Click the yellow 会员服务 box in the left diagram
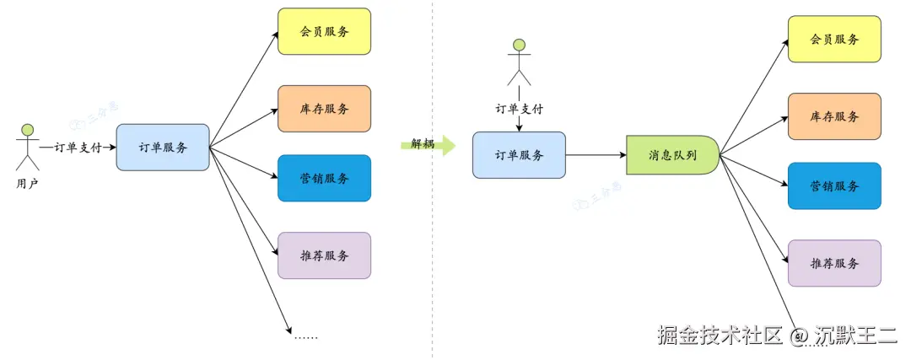pyautogui.click(x=324, y=31)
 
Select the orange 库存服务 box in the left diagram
pyautogui.click(x=324, y=109)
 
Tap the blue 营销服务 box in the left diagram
pyautogui.click(x=324, y=178)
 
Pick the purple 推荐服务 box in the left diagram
pyautogui.click(x=324, y=255)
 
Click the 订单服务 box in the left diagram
pyautogui.click(x=163, y=148)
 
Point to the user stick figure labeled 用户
pyautogui.click(x=27, y=147)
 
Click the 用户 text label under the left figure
pyautogui.click(x=27, y=182)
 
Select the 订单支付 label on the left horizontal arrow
pyautogui.click(x=78, y=148)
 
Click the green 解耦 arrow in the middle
pyautogui.click(x=427, y=144)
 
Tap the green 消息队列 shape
pyautogui.click(x=671, y=155)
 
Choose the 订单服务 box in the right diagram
pyautogui.click(x=519, y=155)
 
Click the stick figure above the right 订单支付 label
pyautogui.click(x=519, y=62)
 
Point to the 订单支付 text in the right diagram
pyautogui.click(x=519, y=109)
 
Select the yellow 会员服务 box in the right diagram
pyautogui.click(x=834, y=39)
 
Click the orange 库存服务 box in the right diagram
pyautogui.click(x=834, y=116)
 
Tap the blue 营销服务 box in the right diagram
pyautogui.click(x=834, y=185)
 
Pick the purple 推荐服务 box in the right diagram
pyautogui.click(x=834, y=263)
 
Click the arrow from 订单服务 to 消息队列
pyautogui.click(x=596, y=155)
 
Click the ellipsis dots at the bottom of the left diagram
pyautogui.click(x=306, y=336)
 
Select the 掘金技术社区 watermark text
pyautogui.click(x=721, y=335)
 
